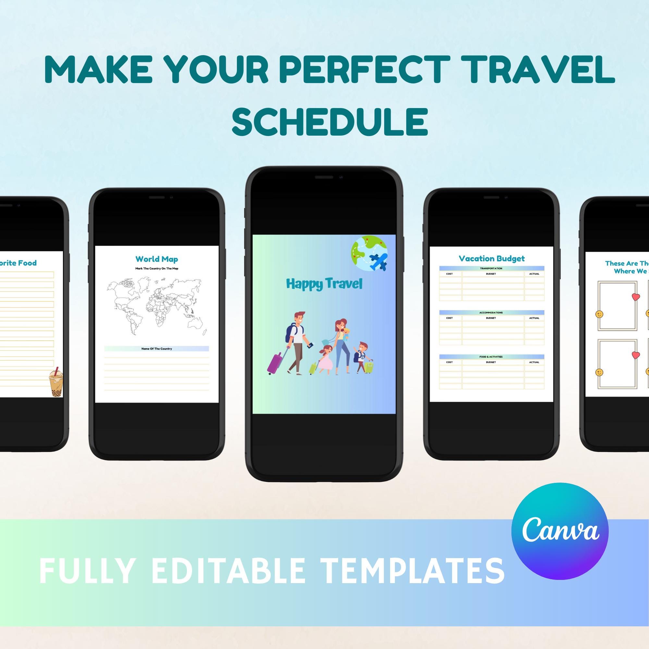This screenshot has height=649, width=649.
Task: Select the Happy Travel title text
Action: click(324, 284)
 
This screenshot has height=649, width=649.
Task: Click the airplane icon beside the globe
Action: click(378, 262)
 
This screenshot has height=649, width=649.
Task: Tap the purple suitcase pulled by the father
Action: click(274, 362)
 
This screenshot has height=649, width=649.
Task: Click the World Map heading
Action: click(156, 259)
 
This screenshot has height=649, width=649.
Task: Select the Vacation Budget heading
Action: click(491, 258)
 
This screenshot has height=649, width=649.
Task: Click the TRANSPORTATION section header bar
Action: click(491, 268)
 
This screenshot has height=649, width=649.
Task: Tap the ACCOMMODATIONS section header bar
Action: click(491, 312)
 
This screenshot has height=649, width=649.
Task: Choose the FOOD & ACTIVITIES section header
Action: click(491, 357)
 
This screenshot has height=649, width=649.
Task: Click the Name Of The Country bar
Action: click(156, 349)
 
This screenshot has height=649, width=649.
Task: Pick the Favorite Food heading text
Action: click(18, 263)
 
